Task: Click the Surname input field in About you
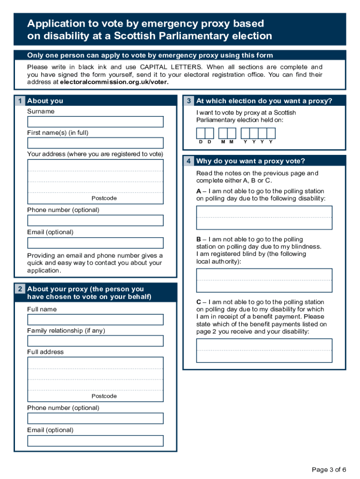pyautogui.click(x=95, y=122)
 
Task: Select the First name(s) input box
pyautogui.click(x=95, y=143)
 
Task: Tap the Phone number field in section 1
pyautogui.click(x=95, y=220)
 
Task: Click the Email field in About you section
pyautogui.click(x=95, y=243)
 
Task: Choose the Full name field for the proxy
pyautogui.click(x=95, y=319)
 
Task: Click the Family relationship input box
pyautogui.click(x=95, y=341)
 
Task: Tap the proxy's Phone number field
pyautogui.click(x=95, y=418)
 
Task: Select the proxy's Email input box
pyautogui.click(x=95, y=441)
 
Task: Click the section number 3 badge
pyautogui.click(x=188, y=101)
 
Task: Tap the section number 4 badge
pyautogui.click(x=188, y=161)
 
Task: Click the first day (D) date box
pyautogui.click(x=201, y=133)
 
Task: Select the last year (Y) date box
pyautogui.click(x=271, y=133)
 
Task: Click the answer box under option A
pyautogui.click(x=264, y=218)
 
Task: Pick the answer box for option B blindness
pyautogui.click(x=264, y=280)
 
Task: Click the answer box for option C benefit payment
pyautogui.click(x=264, y=350)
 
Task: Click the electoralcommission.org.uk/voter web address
pyautogui.click(x=114, y=82)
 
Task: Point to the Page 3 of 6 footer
pyautogui.click(x=329, y=470)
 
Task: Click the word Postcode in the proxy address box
pyautogui.click(x=104, y=396)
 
